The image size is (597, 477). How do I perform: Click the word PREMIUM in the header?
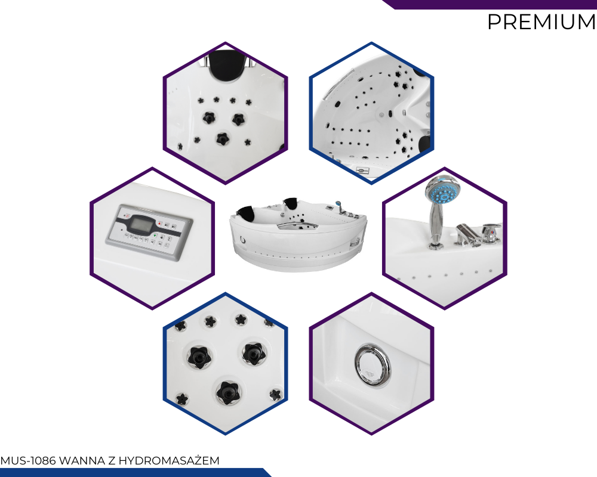point(541,21)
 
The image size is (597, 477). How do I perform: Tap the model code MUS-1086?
point(28,461)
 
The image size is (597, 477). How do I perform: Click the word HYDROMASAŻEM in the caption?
point(169,460)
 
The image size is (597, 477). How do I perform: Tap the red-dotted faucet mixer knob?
point(491,233)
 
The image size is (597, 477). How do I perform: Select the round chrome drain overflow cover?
point(372,366)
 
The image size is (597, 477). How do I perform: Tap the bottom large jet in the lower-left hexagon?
point(227,392)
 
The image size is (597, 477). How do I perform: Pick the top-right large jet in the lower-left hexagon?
point(254,354)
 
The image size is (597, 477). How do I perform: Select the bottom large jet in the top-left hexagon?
point(222,138)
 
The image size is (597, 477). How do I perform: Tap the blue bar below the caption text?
point(135,472)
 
